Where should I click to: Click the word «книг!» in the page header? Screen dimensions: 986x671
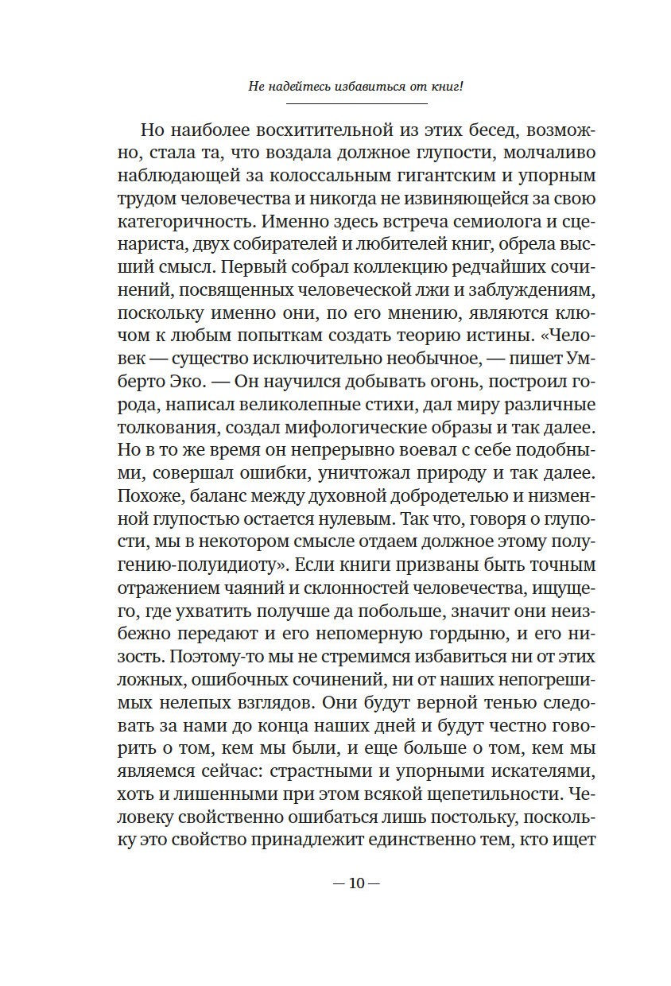point(444,87)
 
